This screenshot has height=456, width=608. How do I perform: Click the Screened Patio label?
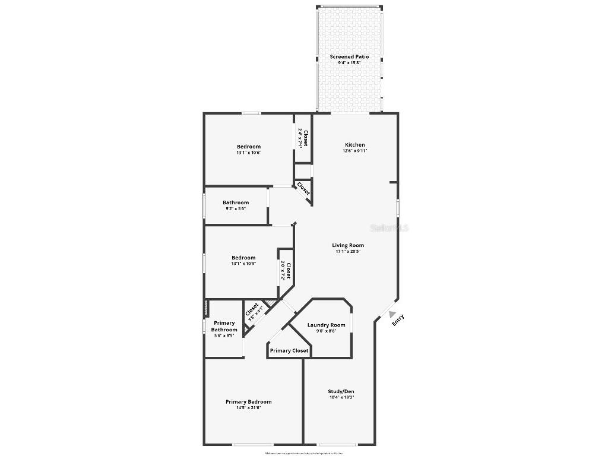coord(349,57)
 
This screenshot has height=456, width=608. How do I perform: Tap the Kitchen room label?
coord(355,145)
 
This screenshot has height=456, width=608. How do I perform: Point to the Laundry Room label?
coord(326,325)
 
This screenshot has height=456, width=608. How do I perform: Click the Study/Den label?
coord(341,392)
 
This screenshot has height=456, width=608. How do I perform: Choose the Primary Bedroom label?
coord(248,402)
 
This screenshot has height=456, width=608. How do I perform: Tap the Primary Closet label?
coord(289,351)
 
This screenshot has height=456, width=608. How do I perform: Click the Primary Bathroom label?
coord(224,327)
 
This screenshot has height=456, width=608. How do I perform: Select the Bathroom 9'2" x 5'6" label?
coord(236,203)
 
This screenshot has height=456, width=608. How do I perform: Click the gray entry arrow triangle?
coord(392,315)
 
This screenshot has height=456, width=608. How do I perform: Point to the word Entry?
coord(398,319)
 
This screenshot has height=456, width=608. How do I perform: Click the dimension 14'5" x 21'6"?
coord(248,408)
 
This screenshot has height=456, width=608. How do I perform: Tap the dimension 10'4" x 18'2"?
coord(341,398)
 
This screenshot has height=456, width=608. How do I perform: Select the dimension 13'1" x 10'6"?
coord(248,153)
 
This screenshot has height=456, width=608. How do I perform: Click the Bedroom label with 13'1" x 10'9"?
coord(243,258)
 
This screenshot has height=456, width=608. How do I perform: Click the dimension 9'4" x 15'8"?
coord(349,63)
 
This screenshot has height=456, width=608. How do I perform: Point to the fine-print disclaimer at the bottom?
coord(304,453)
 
